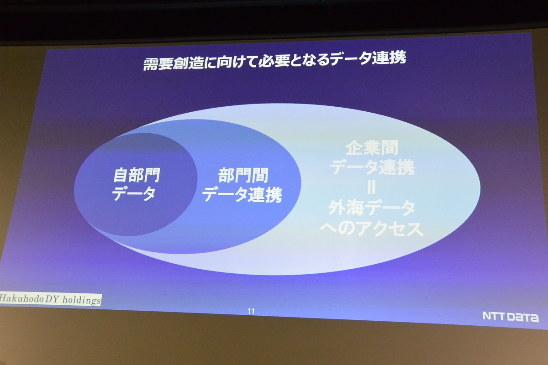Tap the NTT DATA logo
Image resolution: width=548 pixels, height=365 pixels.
click(x=511, y=317)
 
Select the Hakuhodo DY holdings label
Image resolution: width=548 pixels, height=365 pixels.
click(x=50, y=299)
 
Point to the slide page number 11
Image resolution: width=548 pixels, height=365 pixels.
click(x=251, y=311)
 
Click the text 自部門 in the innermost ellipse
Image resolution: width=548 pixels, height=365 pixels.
click(x=137, y=175)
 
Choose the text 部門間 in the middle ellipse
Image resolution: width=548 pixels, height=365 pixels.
click(x=243, y=175)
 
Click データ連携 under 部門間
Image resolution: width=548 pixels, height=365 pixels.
click(x=242, y=194)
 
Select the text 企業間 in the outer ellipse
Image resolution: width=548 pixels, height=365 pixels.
click(x=372, y=147)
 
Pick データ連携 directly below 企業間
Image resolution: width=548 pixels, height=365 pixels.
click(x=372, y=167)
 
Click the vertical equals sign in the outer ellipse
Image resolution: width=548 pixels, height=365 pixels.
click(x=371, y=187)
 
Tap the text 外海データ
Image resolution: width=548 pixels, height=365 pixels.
click(x=372, y=208)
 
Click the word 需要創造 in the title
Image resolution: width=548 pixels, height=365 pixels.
click(x=174, y=63)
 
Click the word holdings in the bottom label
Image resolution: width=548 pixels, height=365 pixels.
click(x=81, y=300)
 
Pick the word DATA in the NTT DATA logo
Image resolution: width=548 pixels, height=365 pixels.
click(x=523, y=318)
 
